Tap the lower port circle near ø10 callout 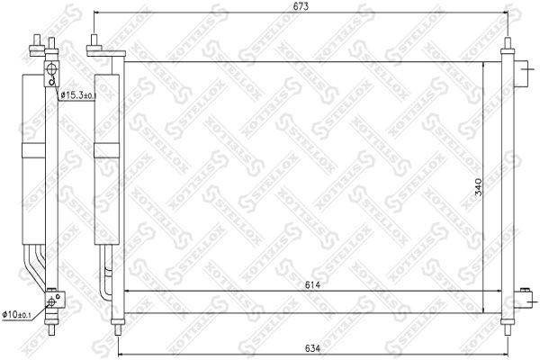[x=53, y=301]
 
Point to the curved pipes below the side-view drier [x=39, y=265]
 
